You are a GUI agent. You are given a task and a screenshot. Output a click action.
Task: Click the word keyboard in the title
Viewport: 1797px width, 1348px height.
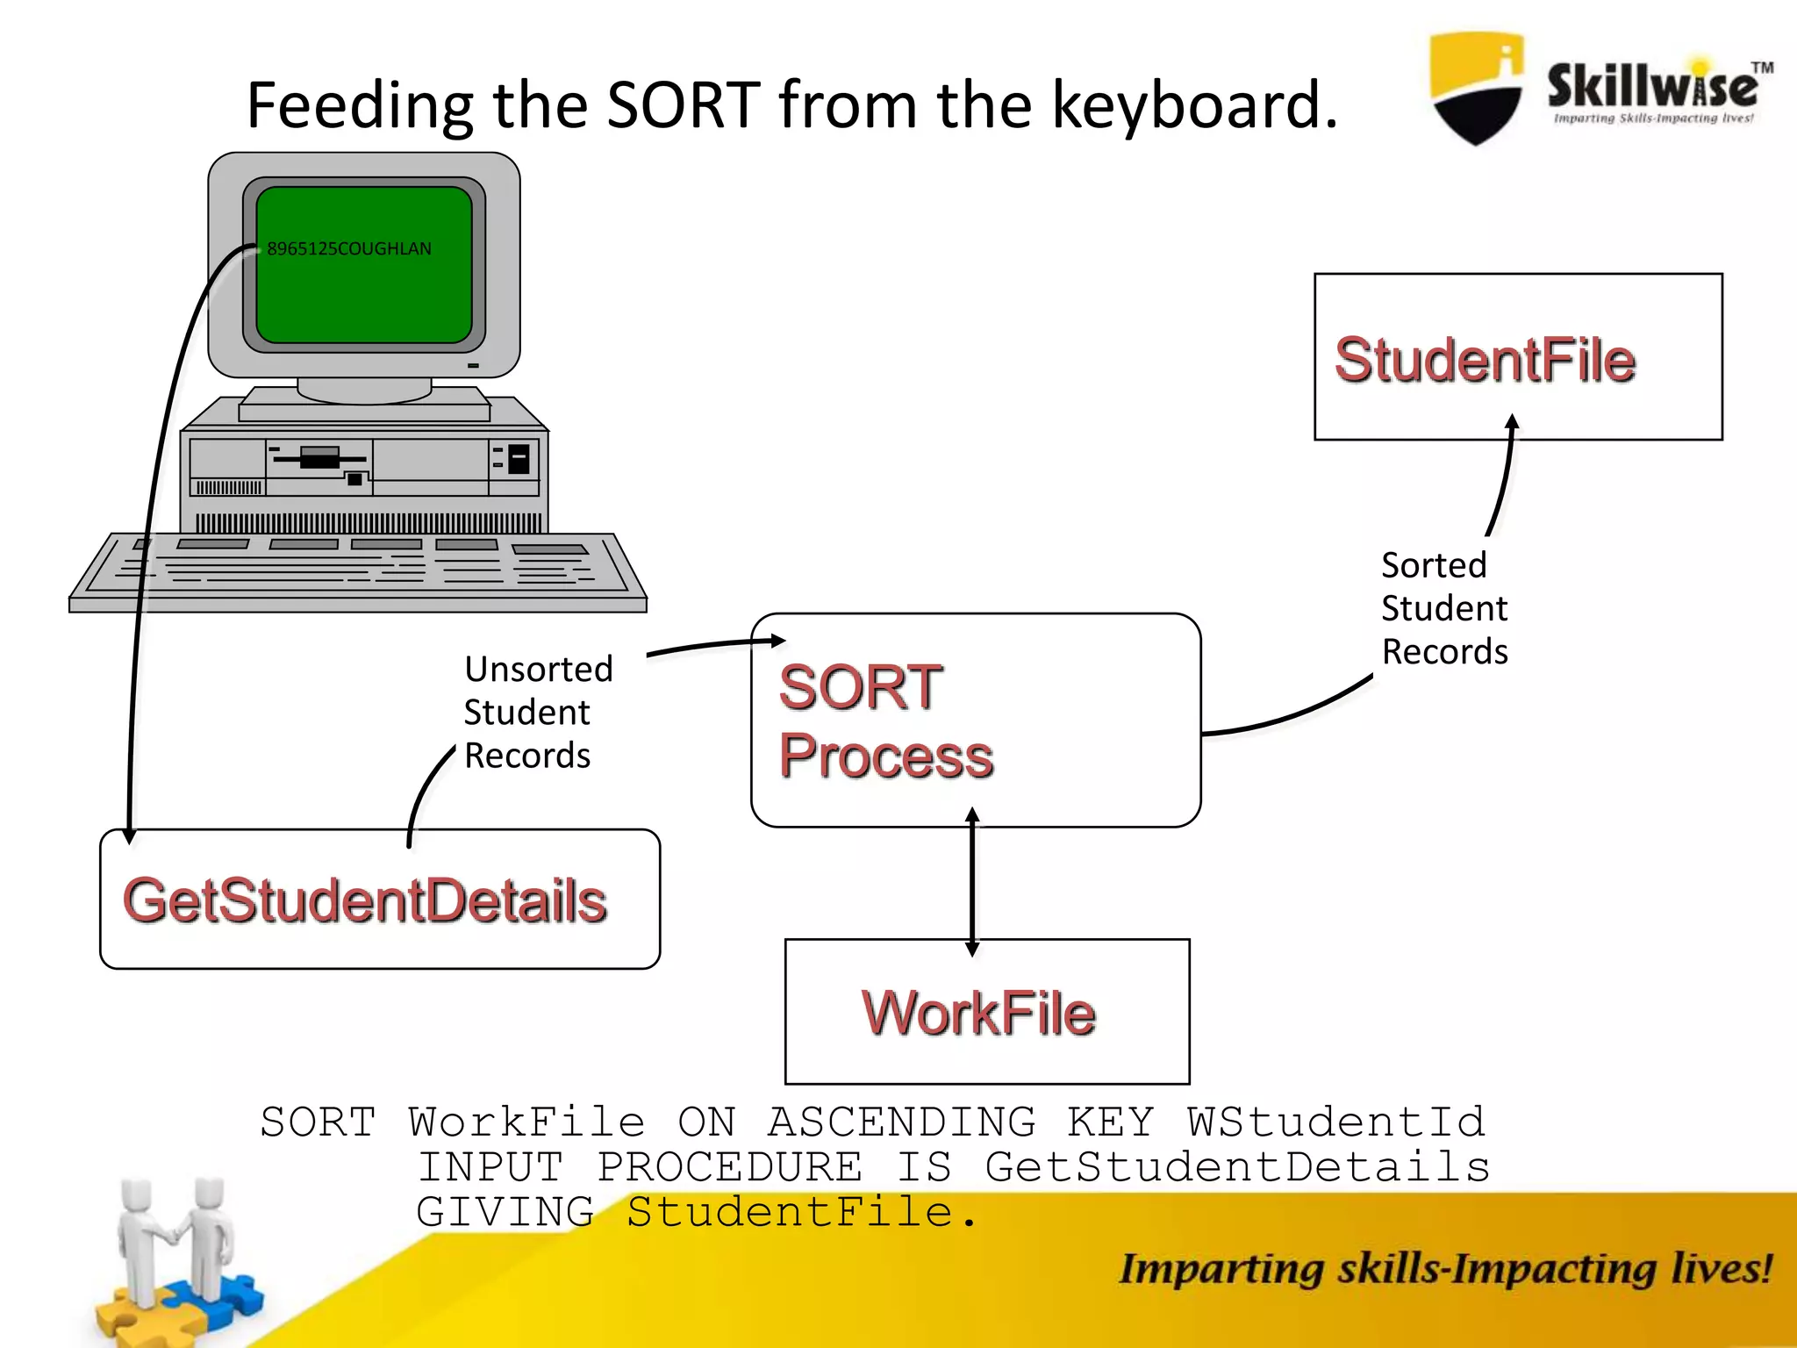(1194, 105)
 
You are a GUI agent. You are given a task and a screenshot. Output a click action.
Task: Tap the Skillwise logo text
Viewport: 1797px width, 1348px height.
(1652, 86)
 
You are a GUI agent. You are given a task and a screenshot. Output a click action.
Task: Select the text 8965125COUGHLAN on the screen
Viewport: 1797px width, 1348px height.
(349, 248)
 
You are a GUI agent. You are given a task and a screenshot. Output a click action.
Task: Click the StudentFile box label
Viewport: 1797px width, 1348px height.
(1485, 361)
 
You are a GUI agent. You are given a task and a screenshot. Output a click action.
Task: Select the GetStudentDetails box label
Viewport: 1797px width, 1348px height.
(365, 900)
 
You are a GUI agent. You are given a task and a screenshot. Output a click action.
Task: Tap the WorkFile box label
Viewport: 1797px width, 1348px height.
(978, 1013)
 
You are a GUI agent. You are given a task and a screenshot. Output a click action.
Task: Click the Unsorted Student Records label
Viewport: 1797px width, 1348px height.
(537, 712)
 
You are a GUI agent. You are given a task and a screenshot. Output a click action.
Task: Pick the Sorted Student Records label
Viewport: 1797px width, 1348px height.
(1443, 608)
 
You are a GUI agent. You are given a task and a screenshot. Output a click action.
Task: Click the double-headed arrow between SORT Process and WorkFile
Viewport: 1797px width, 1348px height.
(971, 882)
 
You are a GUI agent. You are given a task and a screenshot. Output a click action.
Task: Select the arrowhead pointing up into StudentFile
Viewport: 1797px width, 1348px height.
(1512, 423)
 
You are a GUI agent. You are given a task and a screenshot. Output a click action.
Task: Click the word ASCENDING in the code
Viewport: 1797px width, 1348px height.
(902, 1122)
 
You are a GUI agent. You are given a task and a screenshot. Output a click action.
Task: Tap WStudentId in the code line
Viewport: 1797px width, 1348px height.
(1335, 1122)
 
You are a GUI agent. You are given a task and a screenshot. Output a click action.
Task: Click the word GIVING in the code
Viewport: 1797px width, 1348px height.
(505, 1212)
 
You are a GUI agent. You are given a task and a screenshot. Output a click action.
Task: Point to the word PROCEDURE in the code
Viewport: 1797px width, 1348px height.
(729, 1167)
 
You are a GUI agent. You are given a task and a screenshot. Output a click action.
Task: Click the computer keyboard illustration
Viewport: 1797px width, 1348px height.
(358, 570)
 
